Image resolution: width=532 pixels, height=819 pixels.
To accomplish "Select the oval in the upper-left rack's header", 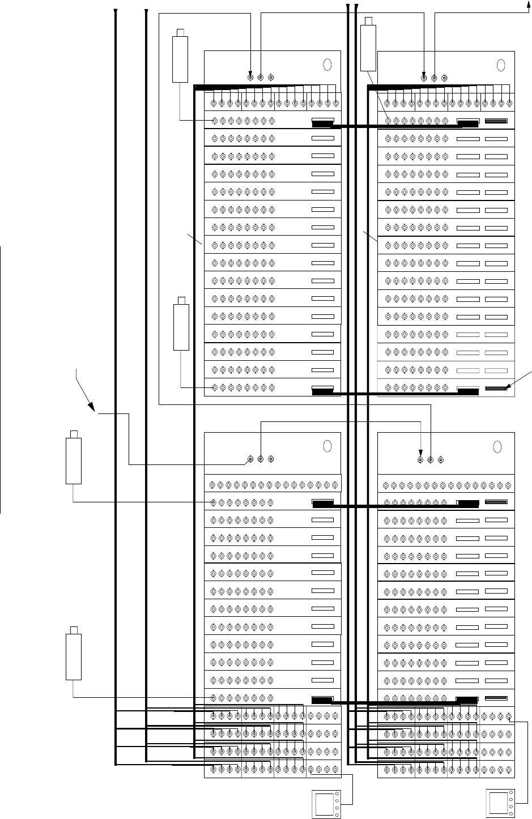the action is tap(327, 65).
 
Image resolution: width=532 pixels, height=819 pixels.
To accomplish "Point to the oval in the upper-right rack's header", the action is tap(500, 65).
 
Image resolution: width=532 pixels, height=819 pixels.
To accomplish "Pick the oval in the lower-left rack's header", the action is tap(327, 446).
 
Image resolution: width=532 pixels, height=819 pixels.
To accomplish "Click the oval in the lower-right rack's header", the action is tap(497, 446).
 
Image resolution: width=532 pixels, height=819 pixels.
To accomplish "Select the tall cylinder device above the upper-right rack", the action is tap(369, 44).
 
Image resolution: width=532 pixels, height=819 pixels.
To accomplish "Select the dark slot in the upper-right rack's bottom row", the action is tap(496, 388).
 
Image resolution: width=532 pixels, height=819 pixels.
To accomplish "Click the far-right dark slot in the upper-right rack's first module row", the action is tap(496, 121).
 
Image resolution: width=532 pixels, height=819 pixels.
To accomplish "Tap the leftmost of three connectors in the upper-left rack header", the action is tap(250, 77).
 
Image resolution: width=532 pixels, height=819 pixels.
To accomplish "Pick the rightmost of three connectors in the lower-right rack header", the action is tap(441, 459).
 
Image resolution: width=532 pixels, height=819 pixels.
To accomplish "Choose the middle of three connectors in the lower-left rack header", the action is tap(261, 459).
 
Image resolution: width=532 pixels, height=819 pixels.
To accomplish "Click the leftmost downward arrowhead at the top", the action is tap(116, 11).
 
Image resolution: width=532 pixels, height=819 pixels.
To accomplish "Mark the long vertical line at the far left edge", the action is tap(1, 379).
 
